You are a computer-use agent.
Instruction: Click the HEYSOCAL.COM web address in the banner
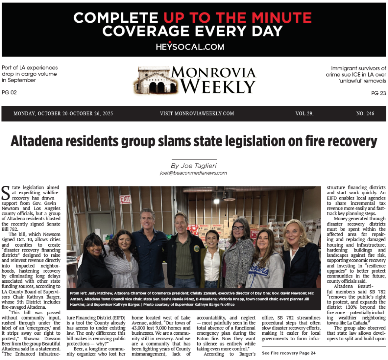[x=190, y=47]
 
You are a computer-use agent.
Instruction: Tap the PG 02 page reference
[x=9, y=93]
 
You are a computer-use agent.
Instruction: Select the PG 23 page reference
[x=378, y=93]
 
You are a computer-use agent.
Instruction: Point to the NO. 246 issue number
[x=365, y=114]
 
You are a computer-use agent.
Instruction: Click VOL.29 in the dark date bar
[x=304, y=114]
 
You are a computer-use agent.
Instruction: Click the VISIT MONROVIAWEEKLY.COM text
[x=197, y=114]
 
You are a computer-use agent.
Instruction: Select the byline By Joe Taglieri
[x=193, y=166]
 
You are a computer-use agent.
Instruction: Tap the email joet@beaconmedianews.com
[x=193, y=173]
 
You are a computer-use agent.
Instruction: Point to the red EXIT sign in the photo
[x=126, y=200]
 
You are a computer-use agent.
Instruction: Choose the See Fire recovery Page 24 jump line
[x=288, y=353]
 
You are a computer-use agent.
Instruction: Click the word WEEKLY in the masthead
[x=218, y=87]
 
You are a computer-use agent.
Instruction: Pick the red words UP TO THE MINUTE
[x=237, y=17]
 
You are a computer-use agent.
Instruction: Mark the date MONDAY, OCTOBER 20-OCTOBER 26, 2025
[x=63, y=114]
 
